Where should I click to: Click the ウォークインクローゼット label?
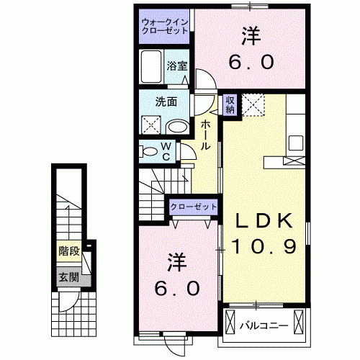point(164,26)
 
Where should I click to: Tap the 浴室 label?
point(177,66)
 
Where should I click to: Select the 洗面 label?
point(167,102)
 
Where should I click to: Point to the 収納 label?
point(230,104)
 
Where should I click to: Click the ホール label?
point(205,135)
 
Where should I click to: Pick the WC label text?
point(166,151)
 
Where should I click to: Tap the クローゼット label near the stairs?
point(194,207)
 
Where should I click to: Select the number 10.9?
point(264,248)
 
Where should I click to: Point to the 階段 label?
point(69,252)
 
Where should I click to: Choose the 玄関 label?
point(69,277)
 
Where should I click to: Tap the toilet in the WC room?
point(150,152)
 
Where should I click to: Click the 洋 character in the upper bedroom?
point(251,34)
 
